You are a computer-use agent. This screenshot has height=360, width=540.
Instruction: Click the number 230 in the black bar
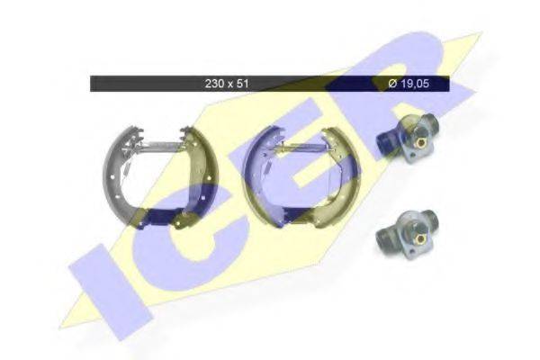(x=213, y=84)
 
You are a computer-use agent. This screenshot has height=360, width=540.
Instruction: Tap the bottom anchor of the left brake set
(x=162, y=215)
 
